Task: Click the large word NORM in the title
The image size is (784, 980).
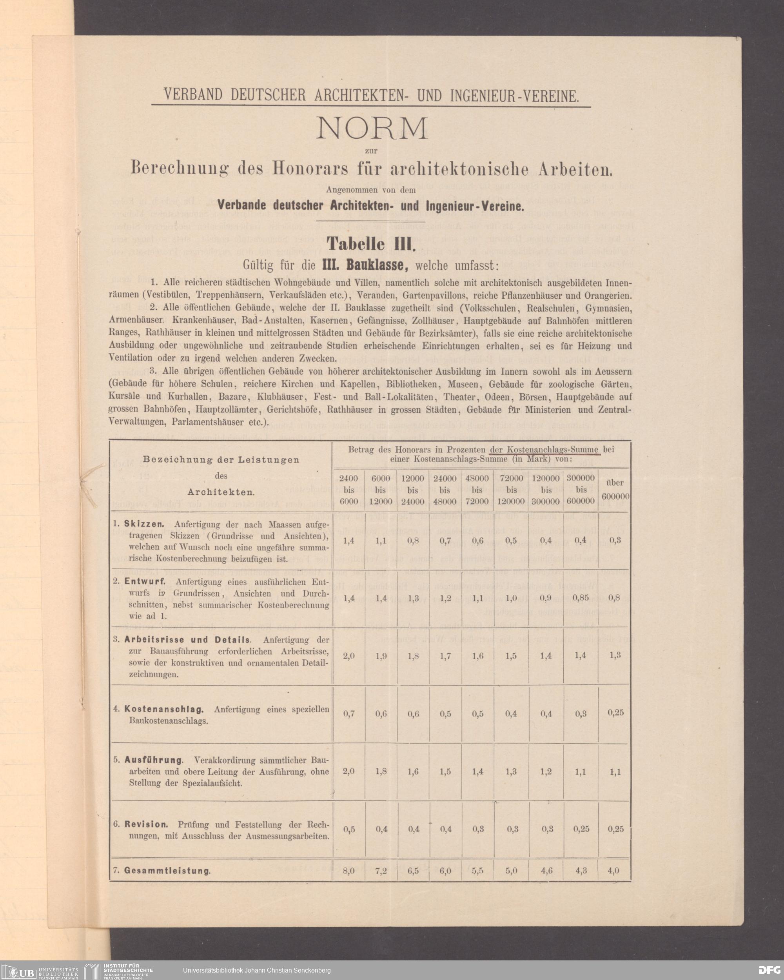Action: coord(371,129)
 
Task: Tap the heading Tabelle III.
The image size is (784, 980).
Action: coord(371,244)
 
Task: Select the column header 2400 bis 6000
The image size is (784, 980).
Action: coord(348,490)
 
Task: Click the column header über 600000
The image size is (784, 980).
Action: coord(615,489)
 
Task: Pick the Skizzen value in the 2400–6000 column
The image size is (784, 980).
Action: coord(348,541)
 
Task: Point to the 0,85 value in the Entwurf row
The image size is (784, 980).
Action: coord(581,598)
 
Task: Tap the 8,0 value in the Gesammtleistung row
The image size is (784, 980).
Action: coord(348,871)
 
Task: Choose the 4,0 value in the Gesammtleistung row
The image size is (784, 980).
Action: coord(613,871)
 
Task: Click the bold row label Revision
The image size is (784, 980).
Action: coord(146,824)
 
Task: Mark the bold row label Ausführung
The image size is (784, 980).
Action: coord(154,760)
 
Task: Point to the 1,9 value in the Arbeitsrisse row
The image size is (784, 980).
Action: coord(381,656)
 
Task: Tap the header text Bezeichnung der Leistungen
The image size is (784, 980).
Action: coord(221,459)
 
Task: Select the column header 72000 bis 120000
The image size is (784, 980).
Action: coord(512,490)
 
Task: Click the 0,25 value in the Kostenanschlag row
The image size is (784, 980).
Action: coord(616,713)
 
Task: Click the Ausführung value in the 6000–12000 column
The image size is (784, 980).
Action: coord(381,772)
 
